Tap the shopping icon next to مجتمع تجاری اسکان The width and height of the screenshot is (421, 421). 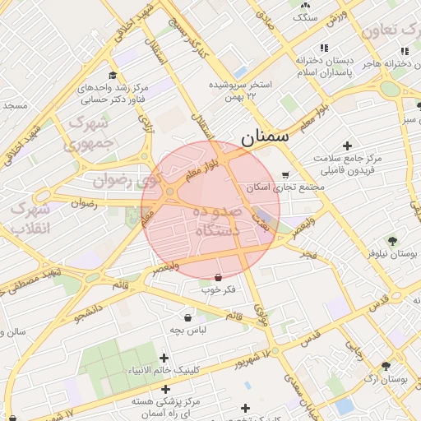pos(285,175)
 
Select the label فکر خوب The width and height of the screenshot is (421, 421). pos(218,289)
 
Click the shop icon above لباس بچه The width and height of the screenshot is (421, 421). pos(187,317)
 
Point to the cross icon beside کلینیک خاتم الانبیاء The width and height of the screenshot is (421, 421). pos(164,358)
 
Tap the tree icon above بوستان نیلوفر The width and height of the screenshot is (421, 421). pos(391,241)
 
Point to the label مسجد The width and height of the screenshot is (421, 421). pos(15,105)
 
